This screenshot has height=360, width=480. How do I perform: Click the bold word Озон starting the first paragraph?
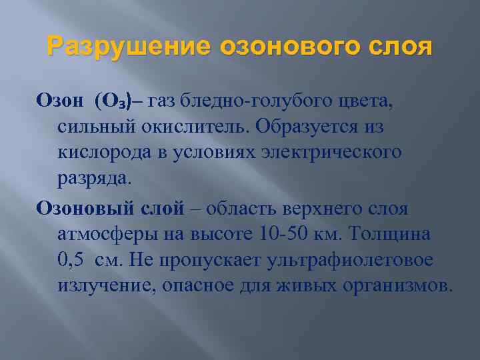pos(60,102)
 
